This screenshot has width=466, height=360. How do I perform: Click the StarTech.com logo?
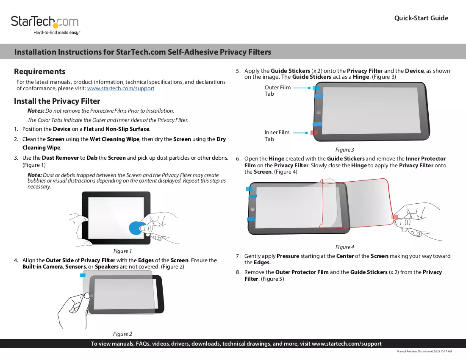point(45,25)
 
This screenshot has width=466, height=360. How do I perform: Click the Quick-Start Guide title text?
point(421,18)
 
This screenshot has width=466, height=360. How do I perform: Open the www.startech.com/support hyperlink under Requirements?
point(121,88)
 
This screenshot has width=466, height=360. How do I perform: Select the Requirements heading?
point(39,72)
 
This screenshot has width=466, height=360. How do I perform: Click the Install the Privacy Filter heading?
point(57,101)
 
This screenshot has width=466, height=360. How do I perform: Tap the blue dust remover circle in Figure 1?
point(136,228)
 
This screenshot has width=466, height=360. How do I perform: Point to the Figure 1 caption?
point(122,251)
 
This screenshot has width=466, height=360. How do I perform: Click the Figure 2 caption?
point(122,334)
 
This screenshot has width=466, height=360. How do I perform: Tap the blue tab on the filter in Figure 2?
point(83,275)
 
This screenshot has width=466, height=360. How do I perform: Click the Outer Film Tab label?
point(277,91)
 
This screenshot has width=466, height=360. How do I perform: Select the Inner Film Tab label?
point(277,136)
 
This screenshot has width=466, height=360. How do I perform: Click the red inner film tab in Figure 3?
point(314,133)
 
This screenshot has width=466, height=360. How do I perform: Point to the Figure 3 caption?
point(345,150)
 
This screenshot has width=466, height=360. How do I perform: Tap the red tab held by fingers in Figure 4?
point(394,217)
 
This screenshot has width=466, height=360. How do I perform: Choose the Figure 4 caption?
point(345,247)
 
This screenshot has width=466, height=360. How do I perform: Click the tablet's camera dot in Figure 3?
point(319,113)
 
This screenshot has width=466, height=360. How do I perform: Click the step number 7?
point(238,256)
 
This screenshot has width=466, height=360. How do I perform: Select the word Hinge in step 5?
point(361,77)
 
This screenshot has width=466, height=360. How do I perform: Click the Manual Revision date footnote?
point(424,352)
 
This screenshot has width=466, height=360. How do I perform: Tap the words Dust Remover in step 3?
point(60,158)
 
